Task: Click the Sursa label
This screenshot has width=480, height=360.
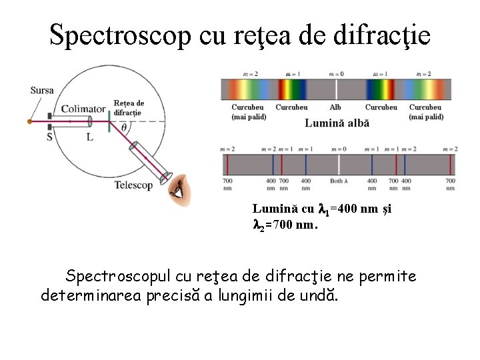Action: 42,91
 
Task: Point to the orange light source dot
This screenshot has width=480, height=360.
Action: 29,122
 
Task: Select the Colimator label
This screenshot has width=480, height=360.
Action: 83,109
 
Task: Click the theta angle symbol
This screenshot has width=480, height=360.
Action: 123,129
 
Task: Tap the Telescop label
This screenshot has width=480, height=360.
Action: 133,185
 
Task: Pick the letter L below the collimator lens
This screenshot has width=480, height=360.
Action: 89,137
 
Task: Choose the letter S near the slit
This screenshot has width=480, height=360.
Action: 49,137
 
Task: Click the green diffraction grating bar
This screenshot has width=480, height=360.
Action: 109,121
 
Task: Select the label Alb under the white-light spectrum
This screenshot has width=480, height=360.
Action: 335,107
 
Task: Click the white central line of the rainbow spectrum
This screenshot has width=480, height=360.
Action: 336,89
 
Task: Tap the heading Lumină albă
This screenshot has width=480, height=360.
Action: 337,123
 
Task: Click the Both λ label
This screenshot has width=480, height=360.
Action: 337,181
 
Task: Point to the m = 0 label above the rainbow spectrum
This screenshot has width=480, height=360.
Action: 336,74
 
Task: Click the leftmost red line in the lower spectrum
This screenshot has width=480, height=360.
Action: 227,163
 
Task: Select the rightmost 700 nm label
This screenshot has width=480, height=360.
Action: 451,184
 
